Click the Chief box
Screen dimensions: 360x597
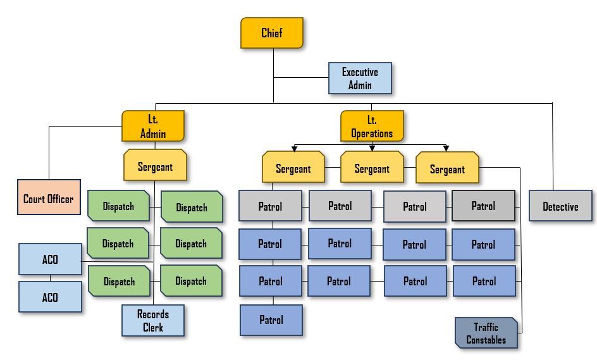[272, 33]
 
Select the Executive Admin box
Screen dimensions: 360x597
[360, 78]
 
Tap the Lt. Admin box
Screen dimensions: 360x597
[153, 126]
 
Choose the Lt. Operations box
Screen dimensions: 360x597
[372, 126]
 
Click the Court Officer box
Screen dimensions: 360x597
[49, 198]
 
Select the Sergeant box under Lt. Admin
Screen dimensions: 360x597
[155, 167]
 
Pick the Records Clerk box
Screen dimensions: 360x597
[153, 321]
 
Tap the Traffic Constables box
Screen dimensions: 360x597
[486, 333]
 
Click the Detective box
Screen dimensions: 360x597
[560, 206]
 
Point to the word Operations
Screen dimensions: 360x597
[372, 133]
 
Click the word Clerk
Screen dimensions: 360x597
[153, 327]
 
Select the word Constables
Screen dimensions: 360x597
[486, 340]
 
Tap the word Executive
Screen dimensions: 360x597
[360, 72]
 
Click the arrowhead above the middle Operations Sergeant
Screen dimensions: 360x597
[372, 148]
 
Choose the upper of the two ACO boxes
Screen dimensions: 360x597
[50, 259]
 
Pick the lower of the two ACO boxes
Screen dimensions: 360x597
[50, 297]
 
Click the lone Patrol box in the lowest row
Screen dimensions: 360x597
[271, 320]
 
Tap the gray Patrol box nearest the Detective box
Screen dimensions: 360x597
[483, 206]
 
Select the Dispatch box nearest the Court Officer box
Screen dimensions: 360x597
[118, 206]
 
